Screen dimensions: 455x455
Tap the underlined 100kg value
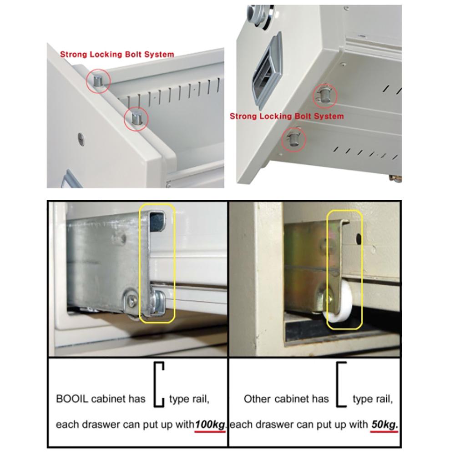pyautogui.click(x=210, y=425)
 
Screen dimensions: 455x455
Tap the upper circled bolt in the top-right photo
pyautogui.click(x=325, y=95)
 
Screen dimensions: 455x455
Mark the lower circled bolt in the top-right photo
pyautogui.click(x=293, y=138)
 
